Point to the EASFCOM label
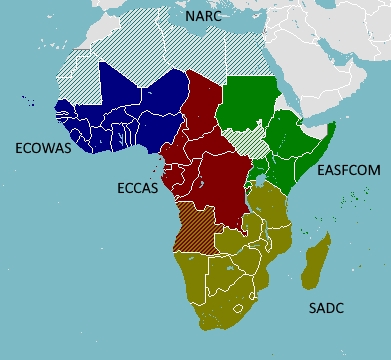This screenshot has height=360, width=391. pyautogui.click(x=348, y=171)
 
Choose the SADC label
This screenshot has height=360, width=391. pyautogui.click(x=326, y=308)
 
